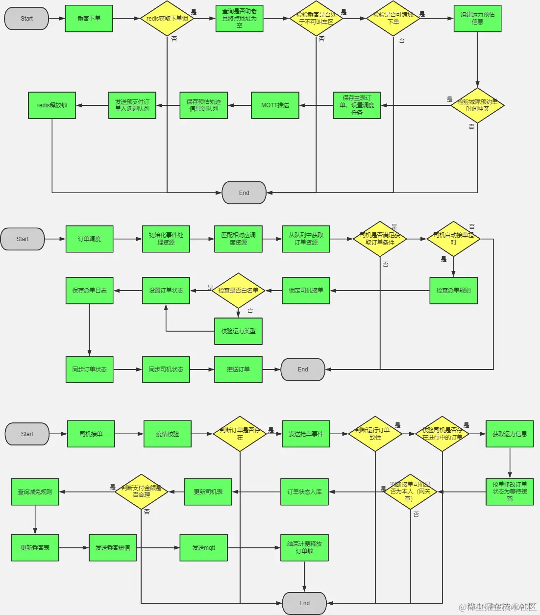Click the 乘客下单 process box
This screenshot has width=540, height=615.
[x=89, y=19]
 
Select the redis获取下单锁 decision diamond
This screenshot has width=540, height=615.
[x=167, y=19]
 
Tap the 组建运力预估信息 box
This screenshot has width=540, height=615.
[x=477, y=19]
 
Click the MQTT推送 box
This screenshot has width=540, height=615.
[x=275, y=105]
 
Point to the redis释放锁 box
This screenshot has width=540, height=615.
[x=52, y=105]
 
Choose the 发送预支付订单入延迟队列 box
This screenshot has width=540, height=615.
[x=132, y=105]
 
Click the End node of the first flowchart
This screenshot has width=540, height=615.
[x=244, y=193]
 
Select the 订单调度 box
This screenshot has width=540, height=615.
[x=89, y=239]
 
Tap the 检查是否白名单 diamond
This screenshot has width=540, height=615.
[x=238, y=291]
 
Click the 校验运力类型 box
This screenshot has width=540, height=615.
[x=238, y=331]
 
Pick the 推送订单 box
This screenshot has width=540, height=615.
[x=238, y=369]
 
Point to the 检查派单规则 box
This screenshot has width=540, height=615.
[x=453, y=291]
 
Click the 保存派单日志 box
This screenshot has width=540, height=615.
[x=89, y=291]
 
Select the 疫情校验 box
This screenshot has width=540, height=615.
[x=168, y=434]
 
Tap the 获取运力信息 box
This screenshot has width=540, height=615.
[x=510, y=434]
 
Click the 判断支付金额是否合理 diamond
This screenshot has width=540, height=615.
[x=141, y=492]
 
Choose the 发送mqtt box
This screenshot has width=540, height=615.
[x=203, y=547]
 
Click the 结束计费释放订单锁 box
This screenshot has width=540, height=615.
[x=304, y=547]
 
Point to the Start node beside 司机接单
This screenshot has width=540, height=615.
[x=27, y=434]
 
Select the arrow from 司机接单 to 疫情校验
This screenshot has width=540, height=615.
[x=129, y=434]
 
